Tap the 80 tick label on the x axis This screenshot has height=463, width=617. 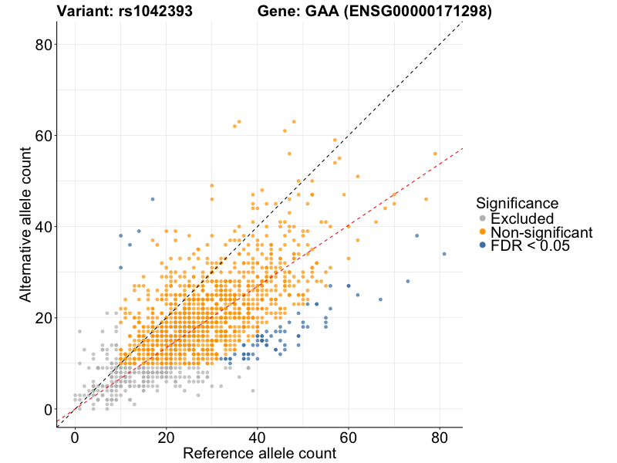[439, 438]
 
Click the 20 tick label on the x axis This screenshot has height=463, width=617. [166, 438]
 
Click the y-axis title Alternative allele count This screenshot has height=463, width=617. [25, 226]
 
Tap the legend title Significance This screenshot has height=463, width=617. [517, 204]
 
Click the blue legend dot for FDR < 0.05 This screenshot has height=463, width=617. [483, 245]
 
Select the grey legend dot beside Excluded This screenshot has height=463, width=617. [483, 218]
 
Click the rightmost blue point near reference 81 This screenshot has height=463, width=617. [444, 254]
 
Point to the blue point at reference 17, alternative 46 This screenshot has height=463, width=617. [152, 199]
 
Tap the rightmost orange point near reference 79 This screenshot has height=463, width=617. [435, 154]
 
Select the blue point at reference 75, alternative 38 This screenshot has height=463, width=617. [416, 235]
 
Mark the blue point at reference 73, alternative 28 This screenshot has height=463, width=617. [407, 281]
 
